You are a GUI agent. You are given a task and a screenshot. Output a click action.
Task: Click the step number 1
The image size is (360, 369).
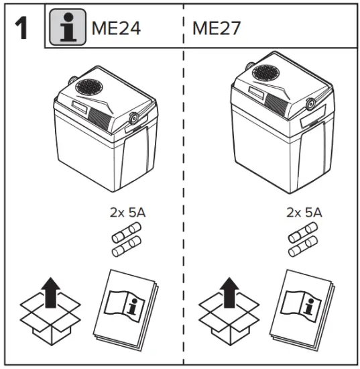[22, 28]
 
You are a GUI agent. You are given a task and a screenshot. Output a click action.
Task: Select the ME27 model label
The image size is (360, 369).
[217, 29]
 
